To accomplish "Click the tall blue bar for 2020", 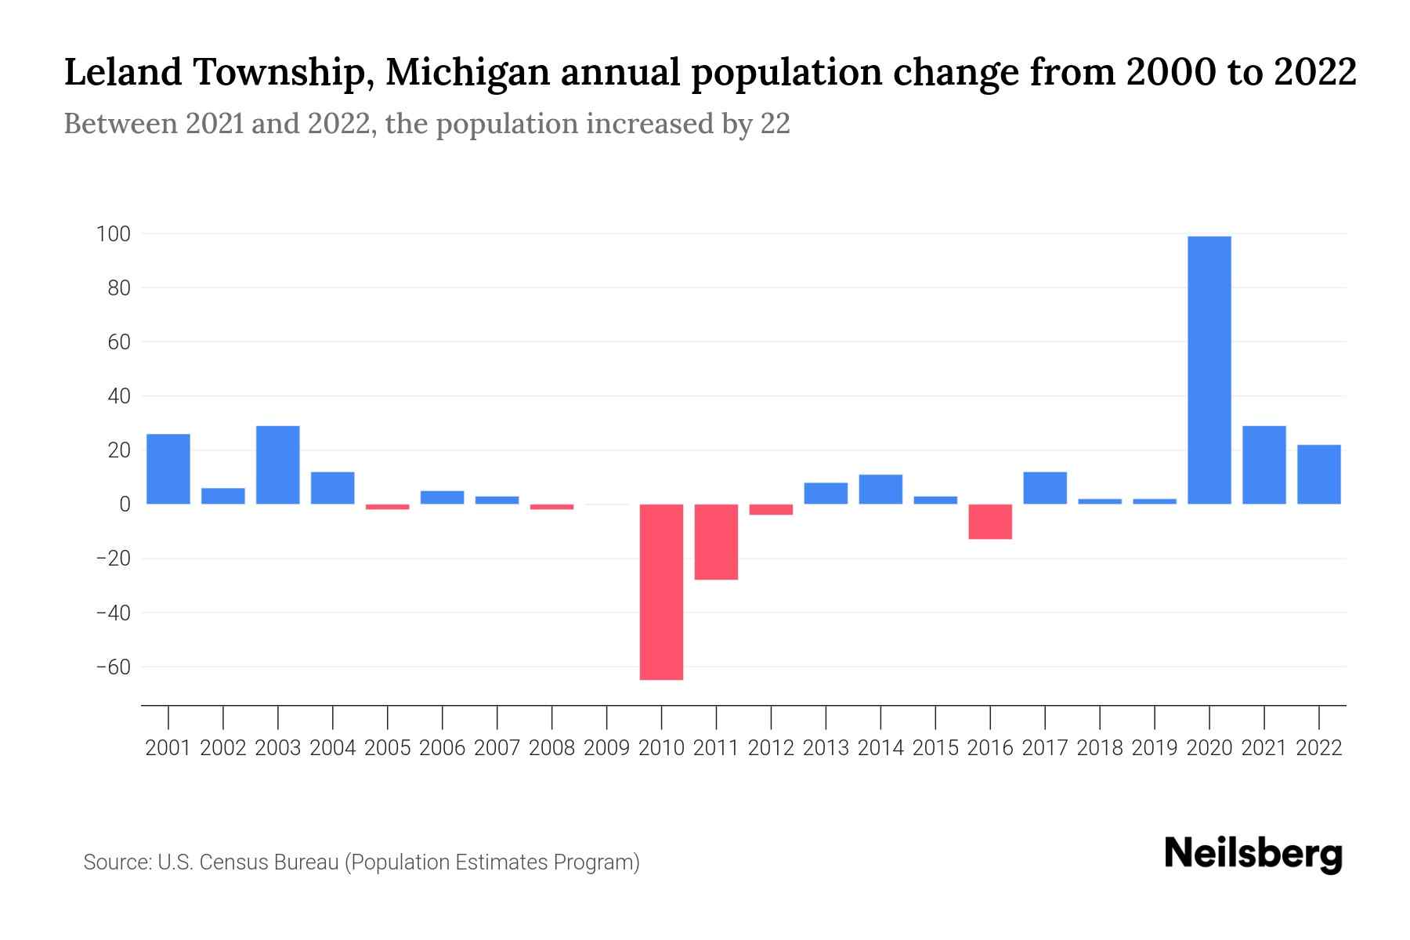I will (1209, 370).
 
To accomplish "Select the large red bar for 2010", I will (661, 591).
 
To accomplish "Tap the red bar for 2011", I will (716, 541).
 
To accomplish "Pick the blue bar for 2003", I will (278, 465).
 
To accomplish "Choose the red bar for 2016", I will (990, 521).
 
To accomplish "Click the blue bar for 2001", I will (168, 468).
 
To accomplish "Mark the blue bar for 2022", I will (1319, 474).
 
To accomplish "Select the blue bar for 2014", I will (880, 489).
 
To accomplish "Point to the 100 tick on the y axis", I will (113, 233).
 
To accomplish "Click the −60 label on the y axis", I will (113, 667).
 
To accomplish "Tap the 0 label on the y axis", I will (125, 504).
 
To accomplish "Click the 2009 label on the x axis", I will (606, 748).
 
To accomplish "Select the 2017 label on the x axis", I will (1045, 748).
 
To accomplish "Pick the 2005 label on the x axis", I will (388, 748).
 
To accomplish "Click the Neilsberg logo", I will (1253, 855).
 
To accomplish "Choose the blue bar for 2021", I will (1264, 465).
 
